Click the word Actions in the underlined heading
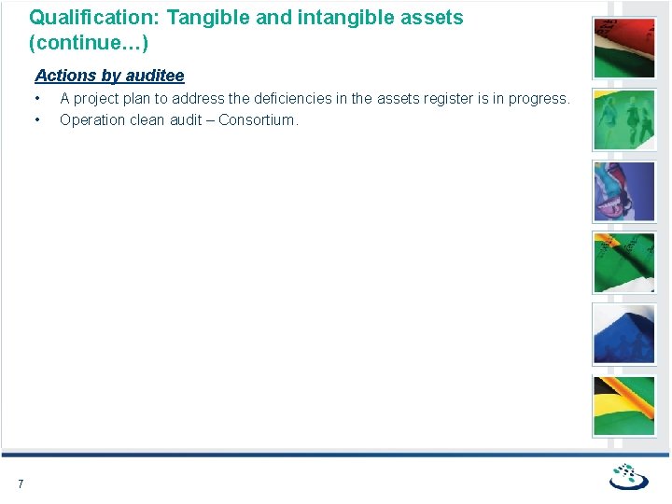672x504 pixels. point(66,76)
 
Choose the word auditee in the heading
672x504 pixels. point(154,76)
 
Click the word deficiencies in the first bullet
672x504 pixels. point(293,99)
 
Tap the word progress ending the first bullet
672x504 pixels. point(538,99)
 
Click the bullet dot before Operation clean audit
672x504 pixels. point(38,119)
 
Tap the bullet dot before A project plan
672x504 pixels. point(38,99)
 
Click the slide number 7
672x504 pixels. point(21,483)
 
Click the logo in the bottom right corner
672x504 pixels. point(629,477)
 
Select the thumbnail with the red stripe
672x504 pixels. point(624,47)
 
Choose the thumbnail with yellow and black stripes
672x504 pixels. point(624,406)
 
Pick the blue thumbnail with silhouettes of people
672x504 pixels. point(624,334)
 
